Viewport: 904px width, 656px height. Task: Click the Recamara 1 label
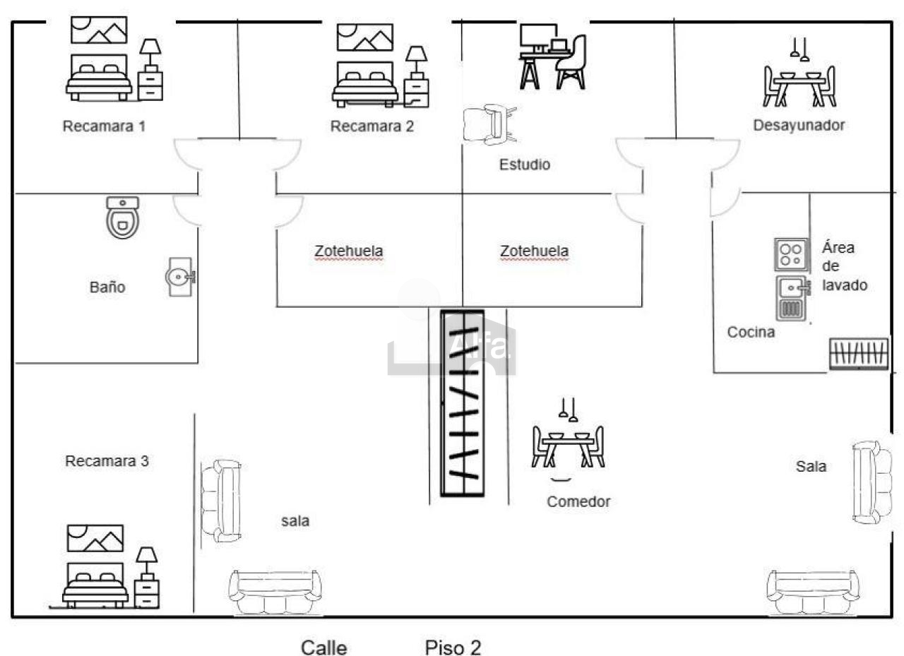[x=104, y=126]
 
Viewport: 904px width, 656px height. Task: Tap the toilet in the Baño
[x=123, y=217]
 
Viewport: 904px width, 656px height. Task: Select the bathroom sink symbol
[x=180, y=277]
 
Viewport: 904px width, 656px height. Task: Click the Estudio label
[x=525, y=165]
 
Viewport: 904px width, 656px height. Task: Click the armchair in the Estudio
[x=489, y=124]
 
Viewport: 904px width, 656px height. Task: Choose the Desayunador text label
[x=799, y=125]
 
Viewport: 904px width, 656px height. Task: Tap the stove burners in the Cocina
[x=791, y=255]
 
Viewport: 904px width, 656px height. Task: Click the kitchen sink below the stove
[x=792, y=298]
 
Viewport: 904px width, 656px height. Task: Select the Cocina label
[x=751, y=332]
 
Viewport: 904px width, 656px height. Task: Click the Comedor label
[x=578, y=501]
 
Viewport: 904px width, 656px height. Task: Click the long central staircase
[x=463, y=403]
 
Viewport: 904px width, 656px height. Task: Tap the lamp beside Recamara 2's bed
[x=417, y=61]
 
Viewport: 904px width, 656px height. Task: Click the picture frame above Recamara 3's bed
[x=95, y=538]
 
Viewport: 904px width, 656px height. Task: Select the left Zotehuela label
[x=349, y=251]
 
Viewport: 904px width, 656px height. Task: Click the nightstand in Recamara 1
[x=150, y=86]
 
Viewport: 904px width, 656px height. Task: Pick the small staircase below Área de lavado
[x=859, y=353]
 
